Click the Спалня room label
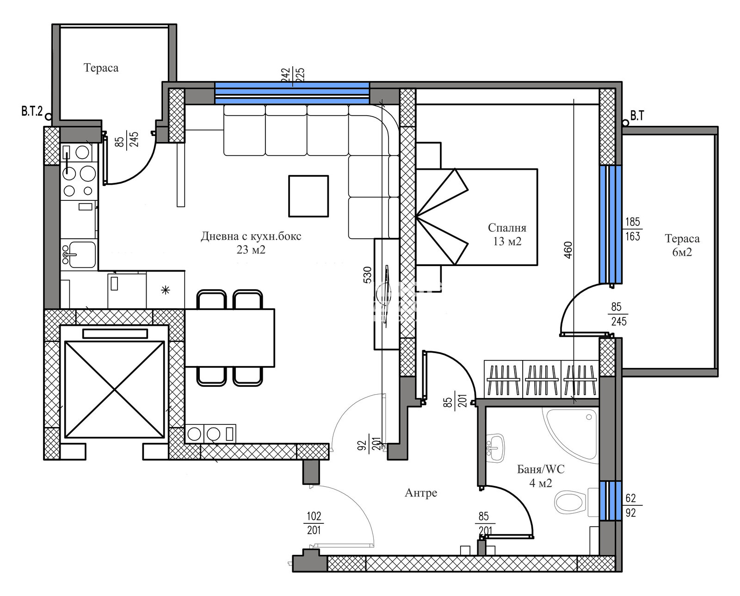tap(507, 228)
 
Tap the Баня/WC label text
tap(541, 469)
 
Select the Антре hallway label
tap(421, 493)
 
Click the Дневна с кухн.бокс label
tap(251, 236)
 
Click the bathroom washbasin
tap(495, 447)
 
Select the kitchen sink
tap(79, 255)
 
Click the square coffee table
tap(308, 196)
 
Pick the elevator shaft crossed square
tap(115, 390)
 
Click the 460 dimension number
tap(568, 250)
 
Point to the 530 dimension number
tap(368, 275)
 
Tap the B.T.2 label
tap(32, 112)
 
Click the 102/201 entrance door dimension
tap(314, 523)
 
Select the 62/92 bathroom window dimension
tap(631, 505)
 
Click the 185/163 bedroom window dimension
tap(633, 229)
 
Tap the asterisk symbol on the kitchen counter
tap(166, 290)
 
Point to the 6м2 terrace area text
tap(682, 252)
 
